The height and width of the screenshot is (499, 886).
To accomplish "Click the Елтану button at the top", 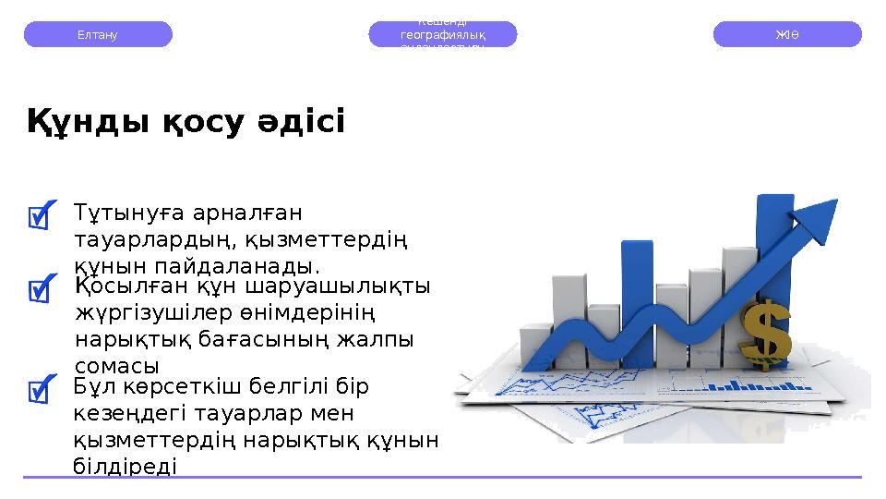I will pyautogui.click(x=97, y=34).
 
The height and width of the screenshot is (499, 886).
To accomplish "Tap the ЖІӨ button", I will pyautogui.click(x=787, y=34).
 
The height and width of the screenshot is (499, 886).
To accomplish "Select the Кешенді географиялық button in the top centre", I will pyautogui.click(x=443, y=34).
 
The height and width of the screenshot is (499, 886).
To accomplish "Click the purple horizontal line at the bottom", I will pyautogui.click(x=443, y=477).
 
